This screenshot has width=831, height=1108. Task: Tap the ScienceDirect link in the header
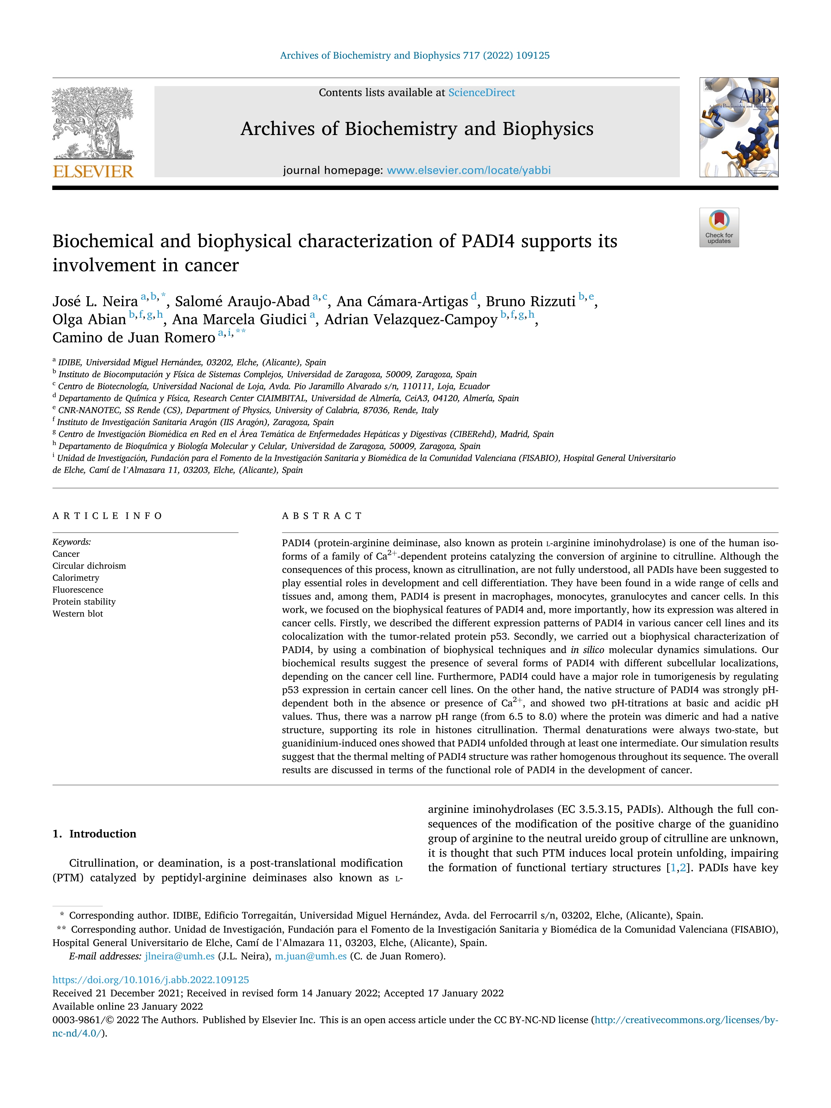[482, 93]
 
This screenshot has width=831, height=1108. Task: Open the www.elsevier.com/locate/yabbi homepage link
[468, 170]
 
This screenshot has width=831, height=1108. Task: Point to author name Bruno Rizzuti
[530, 302]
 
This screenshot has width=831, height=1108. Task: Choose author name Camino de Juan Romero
[134, 338]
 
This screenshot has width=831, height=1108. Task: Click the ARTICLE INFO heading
[107, 516]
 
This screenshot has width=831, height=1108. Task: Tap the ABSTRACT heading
[322, 516]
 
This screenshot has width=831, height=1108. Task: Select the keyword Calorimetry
[76, 578]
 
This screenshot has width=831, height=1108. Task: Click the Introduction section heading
[102, 834]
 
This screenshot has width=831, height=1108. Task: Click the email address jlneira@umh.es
[179, 956]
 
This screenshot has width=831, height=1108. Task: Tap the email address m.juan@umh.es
[311, 956]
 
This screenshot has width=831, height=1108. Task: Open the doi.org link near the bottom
[150, 980]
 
